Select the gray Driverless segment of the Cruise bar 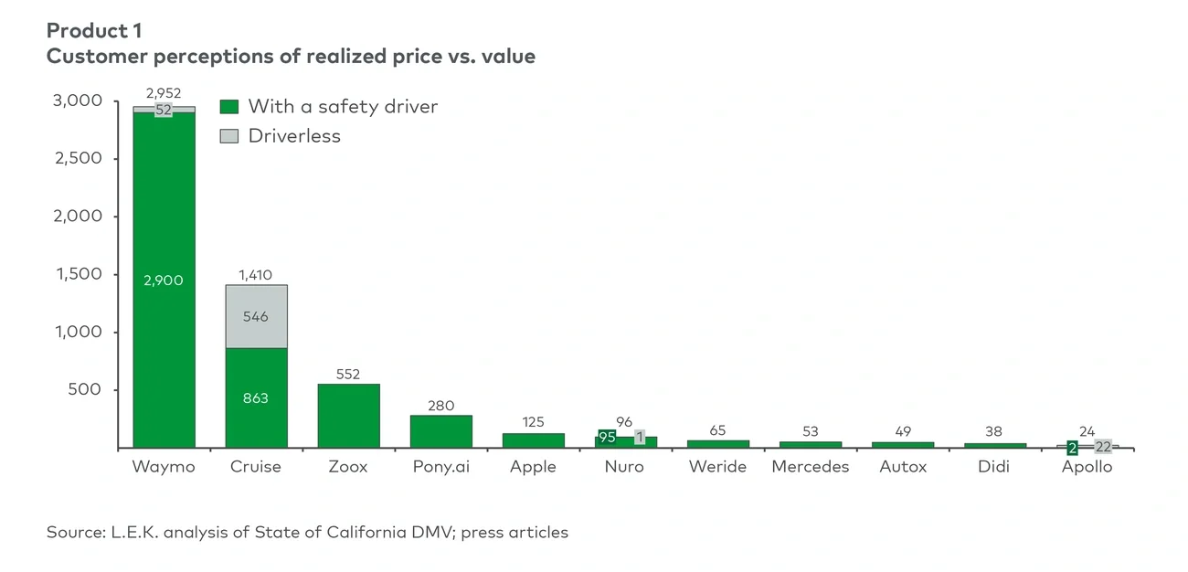(256, 316)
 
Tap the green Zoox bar (348, 416)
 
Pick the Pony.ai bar (440, 431)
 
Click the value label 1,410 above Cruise (256, 274)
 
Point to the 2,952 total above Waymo (164, 93)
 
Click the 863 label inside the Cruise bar (256, 398)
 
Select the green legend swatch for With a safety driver (229, 107)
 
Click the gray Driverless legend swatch (229, 136)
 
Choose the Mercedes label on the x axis (810, 467)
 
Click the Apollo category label (1087, 467)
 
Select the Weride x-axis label (717, 467)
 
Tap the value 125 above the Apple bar (533, 422)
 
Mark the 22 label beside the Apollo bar (1103, 447)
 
